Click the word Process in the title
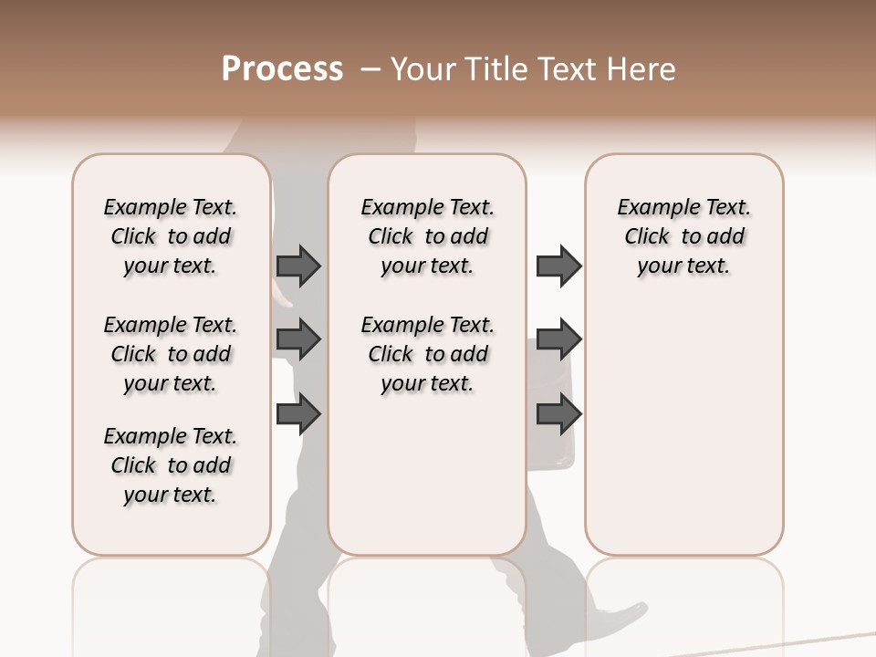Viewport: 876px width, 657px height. pyautogui.click(x=282, y=69)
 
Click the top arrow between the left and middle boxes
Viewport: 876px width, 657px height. pyautogui.click(x=298, y=266)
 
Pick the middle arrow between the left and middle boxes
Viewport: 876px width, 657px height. pyautogui.click(x=298, y=339)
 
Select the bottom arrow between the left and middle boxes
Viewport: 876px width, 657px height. pyautogui.click(x=298, y=414)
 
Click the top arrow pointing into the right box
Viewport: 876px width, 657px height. pyautogui.click(x=558, y=266)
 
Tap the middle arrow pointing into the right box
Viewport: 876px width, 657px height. pyautogui.click(x=558, y=339)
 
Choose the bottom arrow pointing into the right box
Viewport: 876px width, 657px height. pyautogui.click(x=558, y=414)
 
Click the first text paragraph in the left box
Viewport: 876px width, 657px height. pyautogui.click(x=171, y=236)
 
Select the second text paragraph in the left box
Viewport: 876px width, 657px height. pyautogui.click(x=171, y=354)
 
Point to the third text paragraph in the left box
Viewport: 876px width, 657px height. pyautogui.click(x=171, y=465)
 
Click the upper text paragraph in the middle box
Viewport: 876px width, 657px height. pyautogui.click(x=427, y=236)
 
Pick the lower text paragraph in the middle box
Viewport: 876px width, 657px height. pyautogui.click(x=427, y=354)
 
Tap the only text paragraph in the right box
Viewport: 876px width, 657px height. pyautogui.click(x=683, y=236)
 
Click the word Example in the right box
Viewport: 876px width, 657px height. pyautogui.click(x=655, y=208)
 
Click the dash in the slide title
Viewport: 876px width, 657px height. pyautogui.click(x=370, y=69)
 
